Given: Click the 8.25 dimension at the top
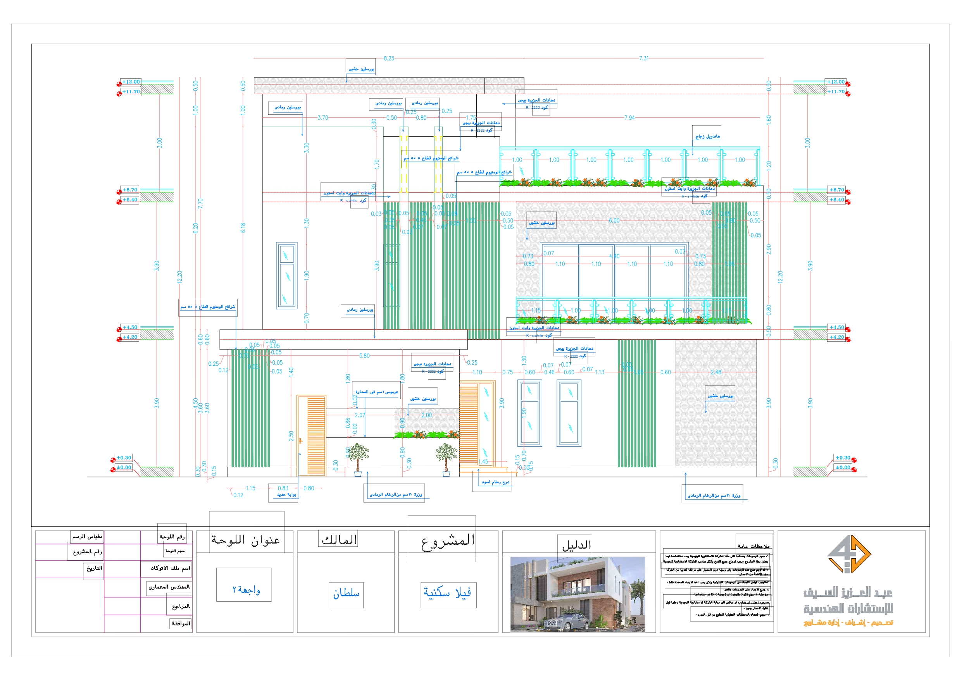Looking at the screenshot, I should pos(388,58).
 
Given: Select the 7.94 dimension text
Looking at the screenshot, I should pos(629,118).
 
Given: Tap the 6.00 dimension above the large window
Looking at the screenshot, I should pos(614,221).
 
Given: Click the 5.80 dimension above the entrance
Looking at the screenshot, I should pos(364,356).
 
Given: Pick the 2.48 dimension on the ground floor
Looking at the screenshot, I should pos(715,372).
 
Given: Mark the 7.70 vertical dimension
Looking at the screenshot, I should pos(200,204).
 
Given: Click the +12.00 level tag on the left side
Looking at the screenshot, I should pos(131,82).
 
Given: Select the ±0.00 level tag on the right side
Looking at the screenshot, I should pos(843,467).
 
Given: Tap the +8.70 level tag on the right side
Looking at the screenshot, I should pos(837,190).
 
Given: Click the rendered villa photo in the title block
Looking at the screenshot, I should pos(578,594).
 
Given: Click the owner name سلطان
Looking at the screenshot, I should pos(346,593).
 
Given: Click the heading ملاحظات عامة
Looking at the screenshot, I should pos(753,546).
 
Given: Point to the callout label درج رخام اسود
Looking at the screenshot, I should pos(495,482).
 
